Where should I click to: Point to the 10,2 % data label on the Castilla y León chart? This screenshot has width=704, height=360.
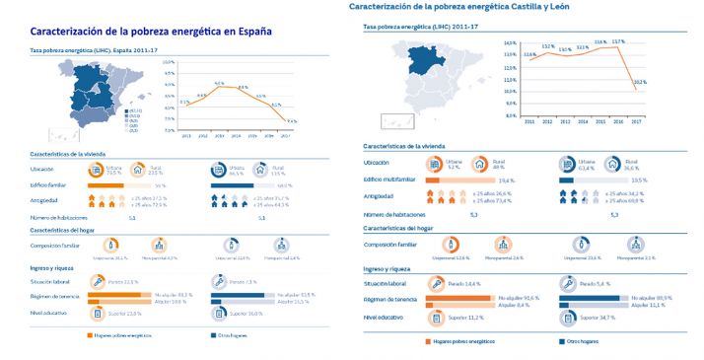tap(639, 82)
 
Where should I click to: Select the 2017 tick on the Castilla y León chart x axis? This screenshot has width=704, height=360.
tap(636, 121)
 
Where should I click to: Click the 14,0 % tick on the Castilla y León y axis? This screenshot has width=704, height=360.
tap(510, 43)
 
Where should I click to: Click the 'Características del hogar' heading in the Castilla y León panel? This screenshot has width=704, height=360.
tap(397, 229)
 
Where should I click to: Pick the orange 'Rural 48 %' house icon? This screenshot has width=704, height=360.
tap(480, 165)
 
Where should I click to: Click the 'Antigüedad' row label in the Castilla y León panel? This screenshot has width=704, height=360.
tap(379, 195)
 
